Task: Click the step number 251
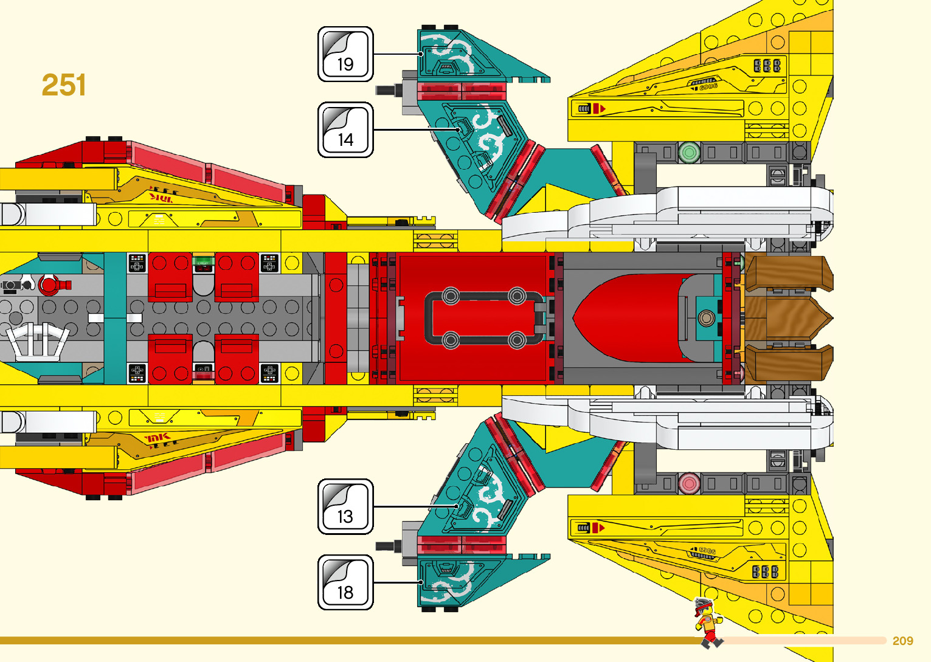64,85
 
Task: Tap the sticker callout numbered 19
345,54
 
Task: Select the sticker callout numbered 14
345,129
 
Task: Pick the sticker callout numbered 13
345,506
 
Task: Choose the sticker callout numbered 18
345,582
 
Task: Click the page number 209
902,641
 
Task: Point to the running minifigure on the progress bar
708,622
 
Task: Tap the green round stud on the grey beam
689,152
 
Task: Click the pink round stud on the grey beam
689,484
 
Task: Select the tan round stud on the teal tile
706,317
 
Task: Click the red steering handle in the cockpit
52,284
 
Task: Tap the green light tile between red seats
203,263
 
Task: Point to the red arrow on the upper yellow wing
599,109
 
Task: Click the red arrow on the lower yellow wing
599,528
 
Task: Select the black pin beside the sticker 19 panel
387,90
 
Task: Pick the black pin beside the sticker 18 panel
387,545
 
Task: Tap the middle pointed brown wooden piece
797,317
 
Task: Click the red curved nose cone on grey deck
626,318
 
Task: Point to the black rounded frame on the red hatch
483,318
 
